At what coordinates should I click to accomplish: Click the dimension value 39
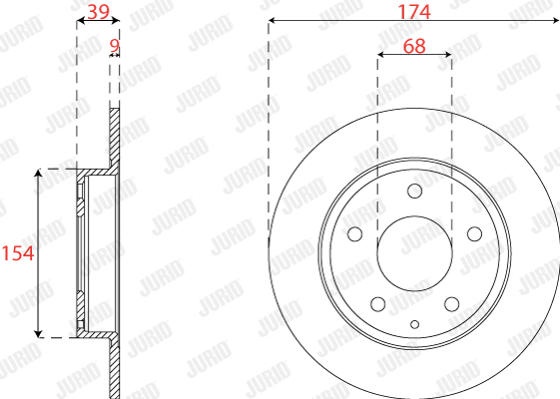coord(99,12)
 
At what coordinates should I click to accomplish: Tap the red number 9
coord(114,45)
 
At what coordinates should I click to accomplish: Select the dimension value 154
coord(18,253)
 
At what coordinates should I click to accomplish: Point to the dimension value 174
coord(414,12)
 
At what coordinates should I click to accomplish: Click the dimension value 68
coord(414,46)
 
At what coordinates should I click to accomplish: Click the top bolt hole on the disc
coord(414,191)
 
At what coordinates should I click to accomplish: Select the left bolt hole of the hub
coord(355,234)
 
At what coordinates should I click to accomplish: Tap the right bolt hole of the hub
coord(474,234)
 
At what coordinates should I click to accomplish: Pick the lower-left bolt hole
coord(378,304)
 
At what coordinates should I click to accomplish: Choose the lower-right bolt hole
coord(452,304)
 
